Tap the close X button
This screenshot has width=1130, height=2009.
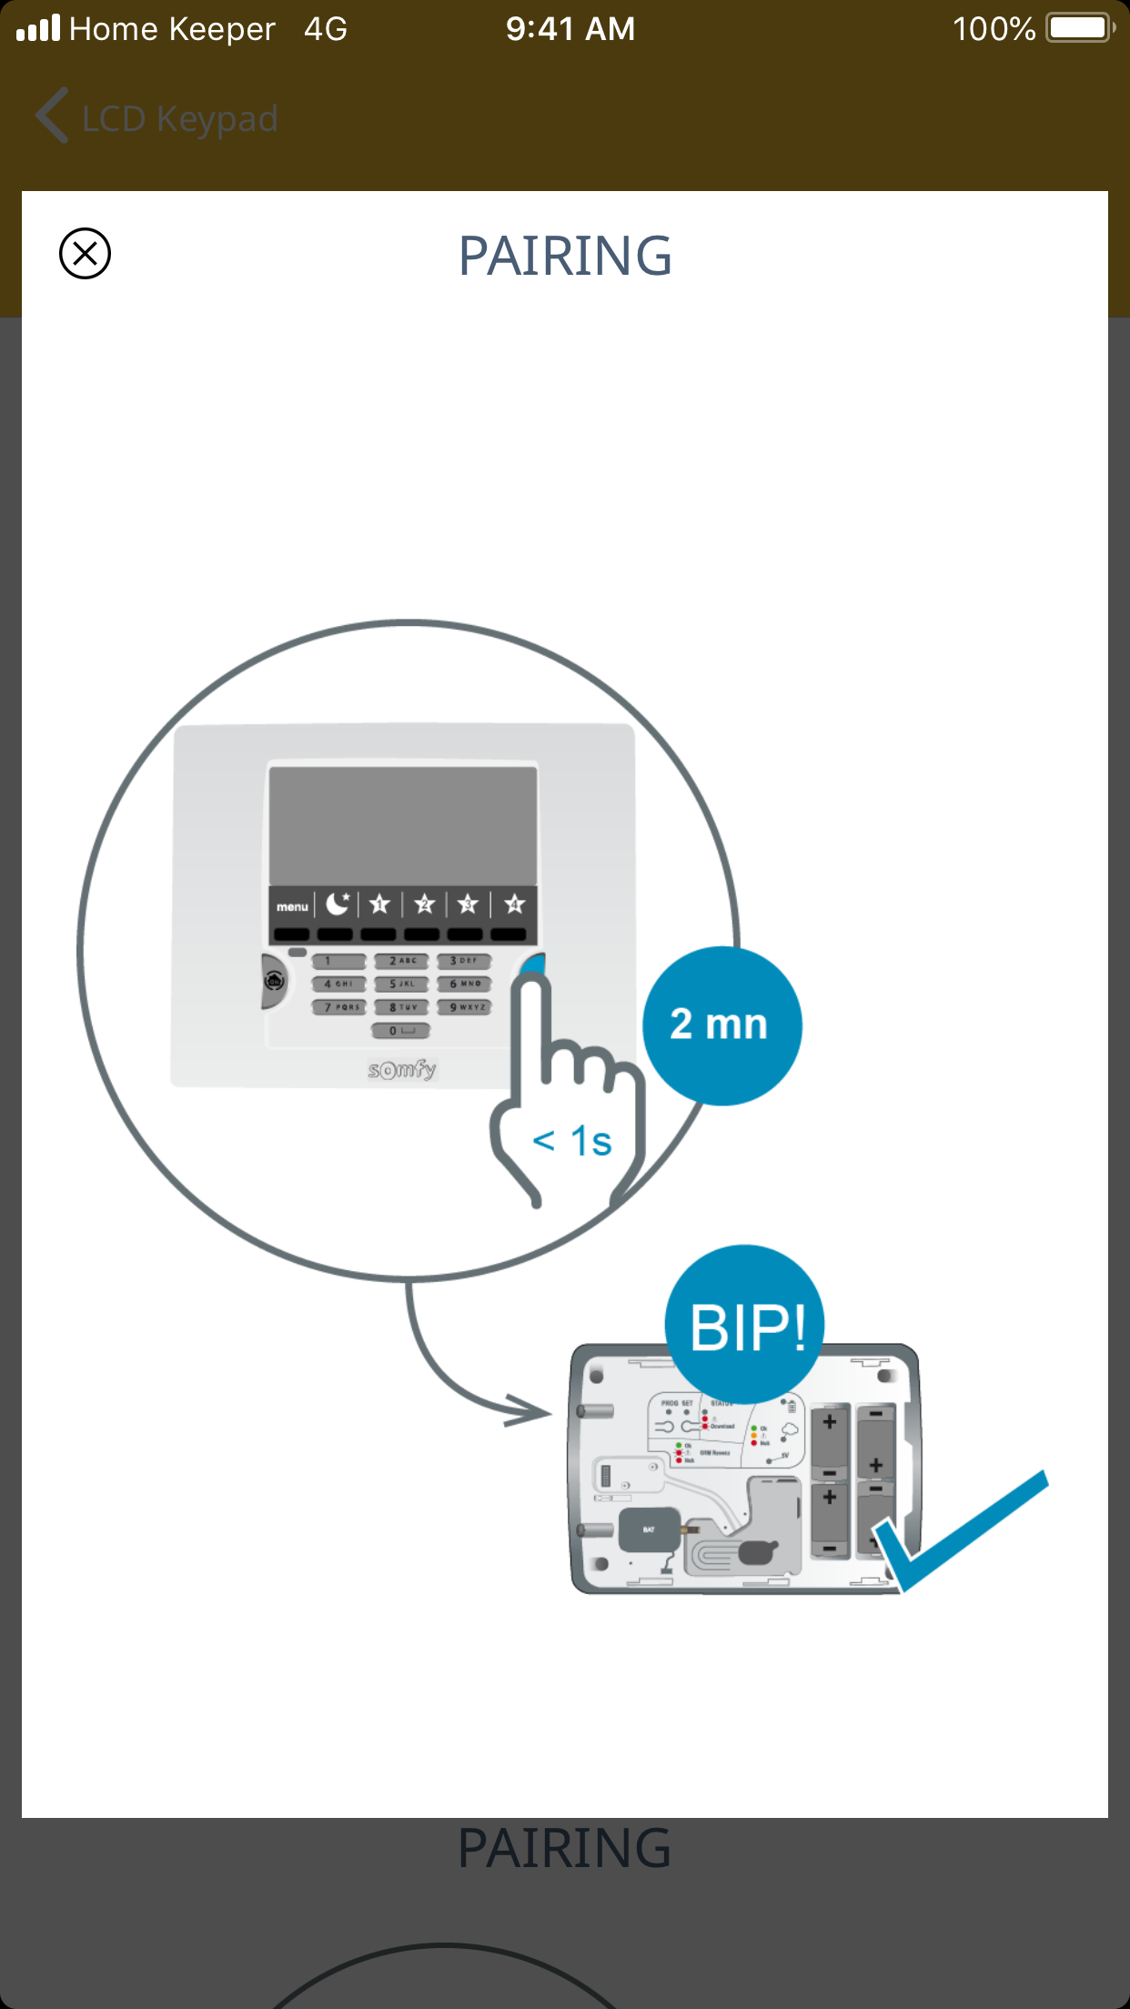point(85,253)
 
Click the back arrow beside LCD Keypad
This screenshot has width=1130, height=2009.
point(53,116)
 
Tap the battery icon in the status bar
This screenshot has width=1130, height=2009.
point(1079,28)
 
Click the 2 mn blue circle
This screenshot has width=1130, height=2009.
point(721,1025)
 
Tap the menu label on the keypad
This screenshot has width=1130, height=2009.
point(292,906)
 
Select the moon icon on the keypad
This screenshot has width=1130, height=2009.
point(338,904)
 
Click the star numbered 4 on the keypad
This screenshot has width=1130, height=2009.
point(514,904)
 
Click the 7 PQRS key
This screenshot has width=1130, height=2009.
point(339,1007)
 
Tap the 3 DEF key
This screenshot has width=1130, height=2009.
point(464,961)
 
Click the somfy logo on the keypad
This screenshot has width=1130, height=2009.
point(402,1069)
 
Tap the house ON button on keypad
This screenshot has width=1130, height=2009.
point(274,981)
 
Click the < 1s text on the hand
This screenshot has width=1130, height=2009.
point(572,1141)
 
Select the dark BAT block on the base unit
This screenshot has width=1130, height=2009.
point(649,1529)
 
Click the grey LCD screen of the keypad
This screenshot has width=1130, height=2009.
point(403,824)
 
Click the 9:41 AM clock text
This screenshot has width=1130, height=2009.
point(570,29)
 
